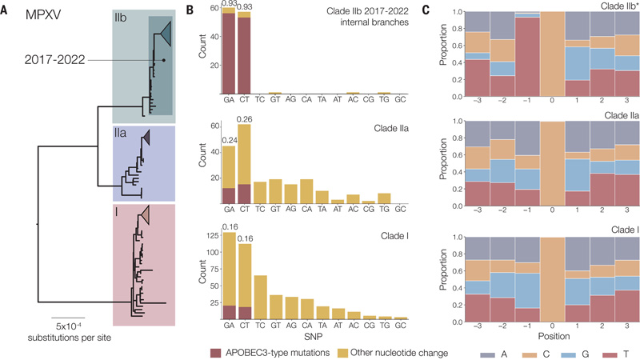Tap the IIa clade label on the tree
(122, 140)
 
